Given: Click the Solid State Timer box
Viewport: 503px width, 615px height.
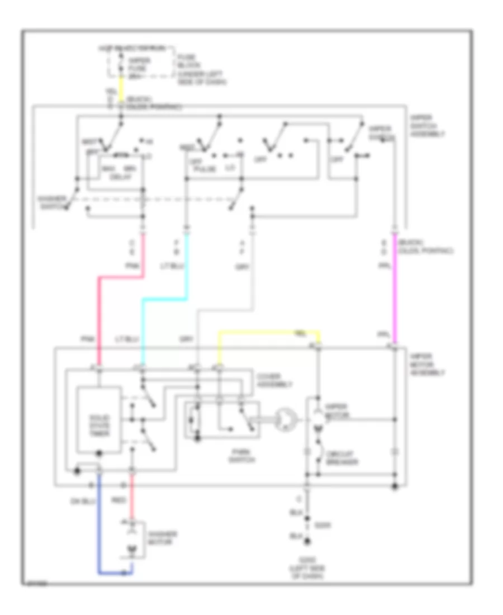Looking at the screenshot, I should pos(98,419).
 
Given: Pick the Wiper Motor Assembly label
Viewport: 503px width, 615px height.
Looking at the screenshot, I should pos(427,363).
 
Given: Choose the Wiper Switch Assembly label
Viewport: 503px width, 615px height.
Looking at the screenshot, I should pos(427,126).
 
